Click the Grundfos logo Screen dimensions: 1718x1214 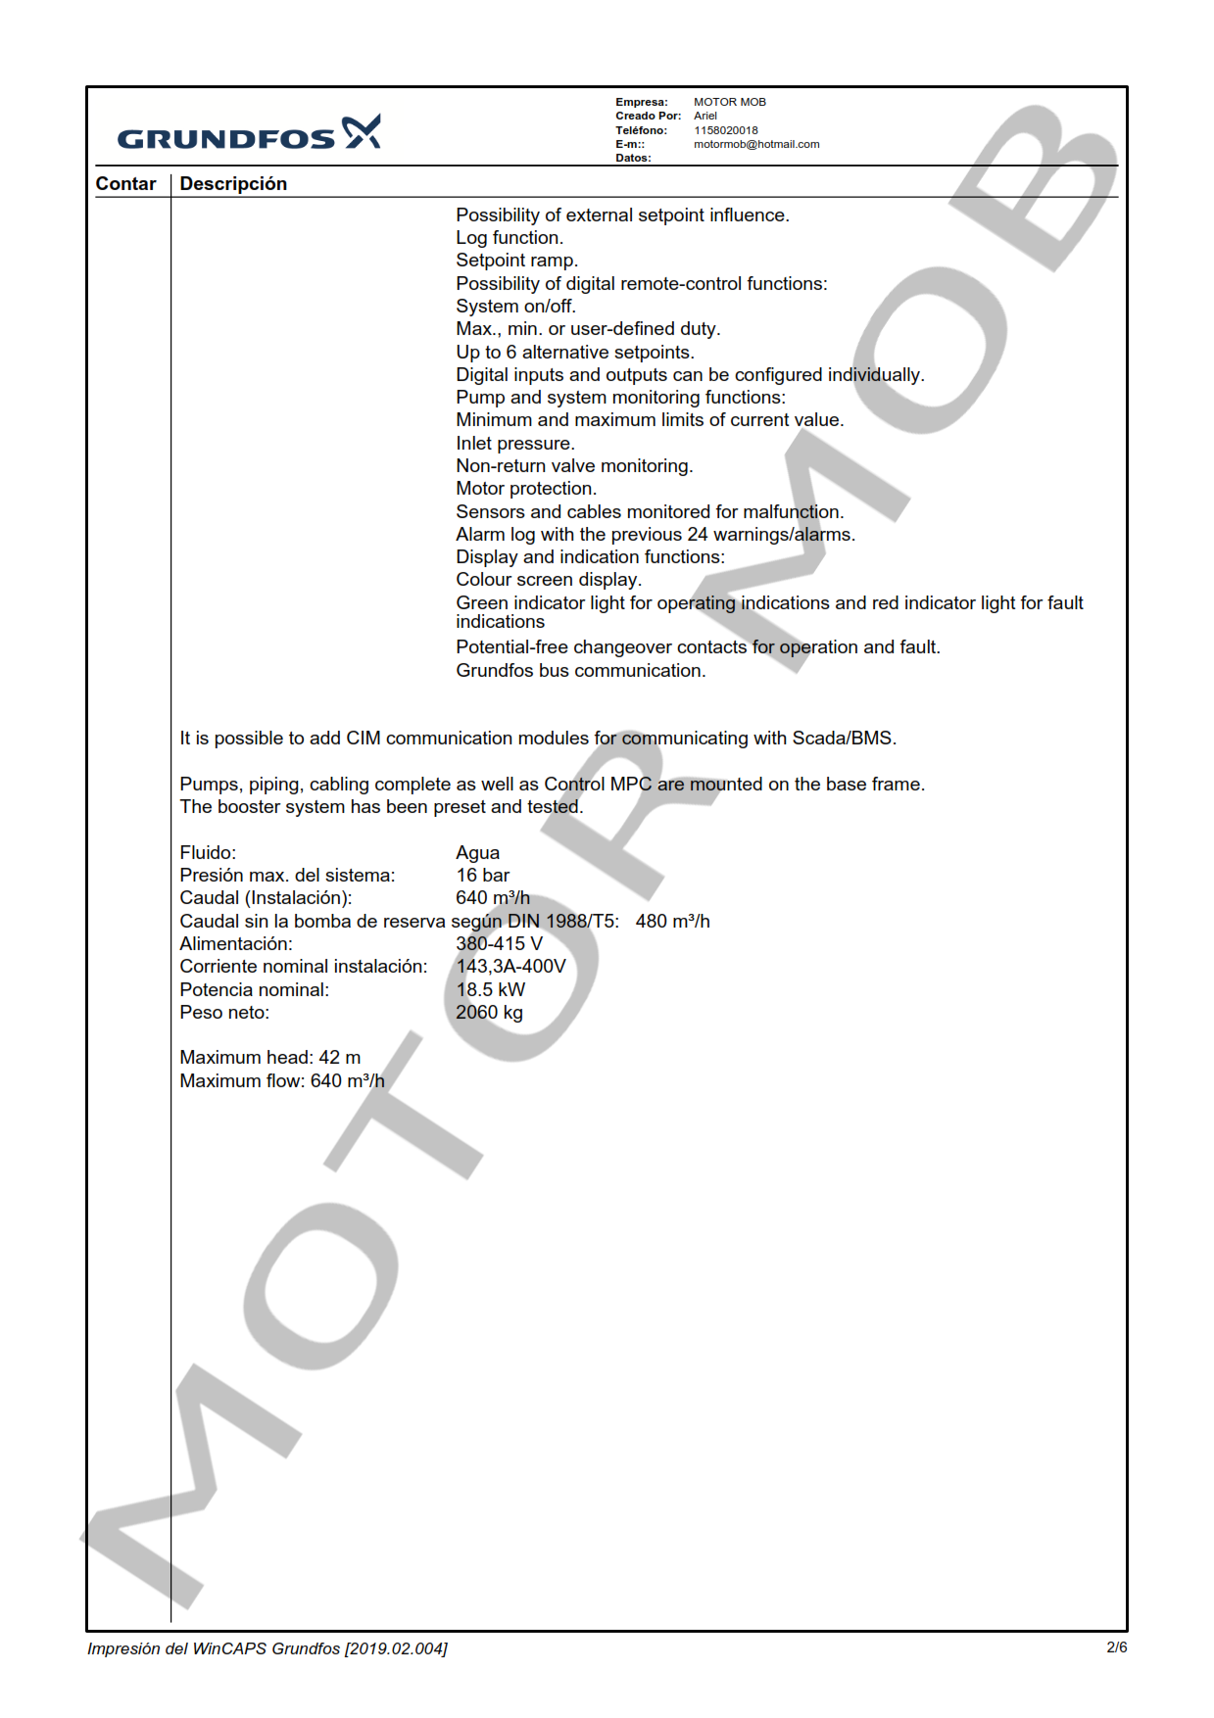point(249,134)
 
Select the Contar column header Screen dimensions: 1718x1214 point(125,184)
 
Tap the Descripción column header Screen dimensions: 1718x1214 point(233,184)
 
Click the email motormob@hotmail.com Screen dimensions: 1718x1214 point(755,144)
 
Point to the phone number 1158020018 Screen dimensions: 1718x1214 point(725,130)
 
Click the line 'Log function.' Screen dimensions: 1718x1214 point(509,238)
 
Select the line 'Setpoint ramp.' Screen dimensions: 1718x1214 point(516,261)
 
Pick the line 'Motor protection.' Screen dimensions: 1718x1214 point(525,489)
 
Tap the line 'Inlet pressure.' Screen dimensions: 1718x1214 point(514,444)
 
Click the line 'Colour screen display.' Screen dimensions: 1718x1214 point(548,580)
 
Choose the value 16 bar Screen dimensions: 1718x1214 point(482,876)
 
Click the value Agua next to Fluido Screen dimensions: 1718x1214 point(477,853)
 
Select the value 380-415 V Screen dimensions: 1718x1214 point(499,944)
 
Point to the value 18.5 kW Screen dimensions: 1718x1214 point(490,990)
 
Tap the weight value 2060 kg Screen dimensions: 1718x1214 point(489,1013)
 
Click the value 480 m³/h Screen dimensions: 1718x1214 point(672,922)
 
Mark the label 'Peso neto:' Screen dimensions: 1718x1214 point(223,1013)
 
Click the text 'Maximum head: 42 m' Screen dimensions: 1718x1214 point(269,1058)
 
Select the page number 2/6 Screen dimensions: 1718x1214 point(1116,1647)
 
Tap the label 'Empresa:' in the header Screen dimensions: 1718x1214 point(641,102)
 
